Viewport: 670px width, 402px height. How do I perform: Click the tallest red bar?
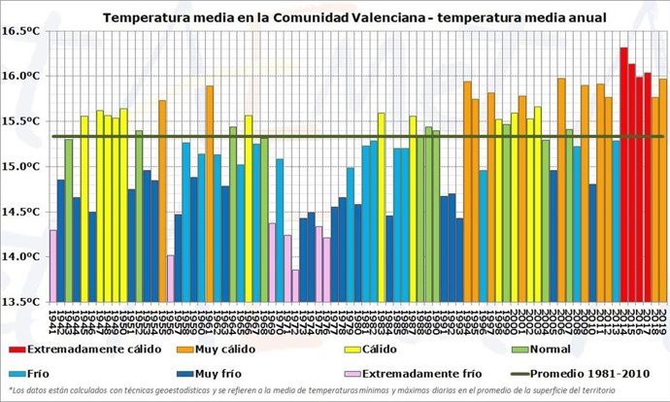click(623, 175)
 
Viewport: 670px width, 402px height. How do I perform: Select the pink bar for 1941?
click(52, 265)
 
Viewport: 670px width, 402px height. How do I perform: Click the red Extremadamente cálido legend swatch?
click(15, 348)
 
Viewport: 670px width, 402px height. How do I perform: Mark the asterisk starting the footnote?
click(9, 390)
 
